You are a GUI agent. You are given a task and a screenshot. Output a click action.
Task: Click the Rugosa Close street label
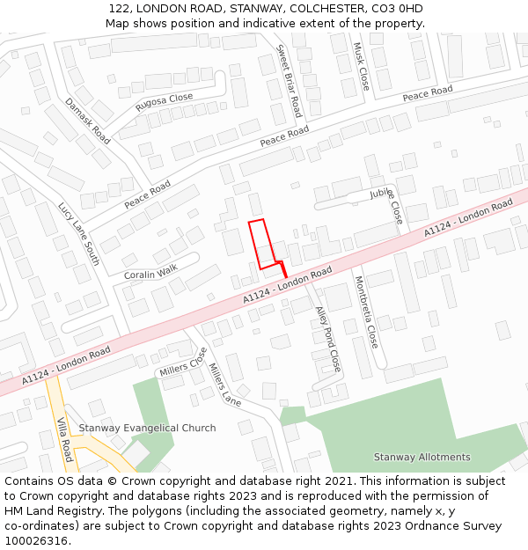(164, 103)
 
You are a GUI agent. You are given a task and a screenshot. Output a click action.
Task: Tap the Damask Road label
(87, 121)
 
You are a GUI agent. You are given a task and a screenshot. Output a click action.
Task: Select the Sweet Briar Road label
(289, 81)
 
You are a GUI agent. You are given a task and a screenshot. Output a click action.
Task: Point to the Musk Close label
(361, 67)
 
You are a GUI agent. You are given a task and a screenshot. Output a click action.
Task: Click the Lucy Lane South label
(79, 234)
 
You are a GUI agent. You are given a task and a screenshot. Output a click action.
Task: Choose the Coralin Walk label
(150, 274)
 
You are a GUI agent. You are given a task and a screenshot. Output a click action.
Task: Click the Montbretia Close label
(366, 312)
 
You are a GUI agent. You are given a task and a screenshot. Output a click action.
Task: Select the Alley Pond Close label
(328, 339)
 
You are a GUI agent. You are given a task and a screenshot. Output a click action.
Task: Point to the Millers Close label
(183, 363)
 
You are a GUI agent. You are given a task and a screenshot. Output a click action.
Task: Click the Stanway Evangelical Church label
(147, 429)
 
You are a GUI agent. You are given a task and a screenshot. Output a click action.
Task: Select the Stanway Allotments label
(422, 457)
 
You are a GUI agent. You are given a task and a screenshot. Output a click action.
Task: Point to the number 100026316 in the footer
(37, 540)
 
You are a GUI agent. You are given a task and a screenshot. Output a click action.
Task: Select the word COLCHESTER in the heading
(323, 9)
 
